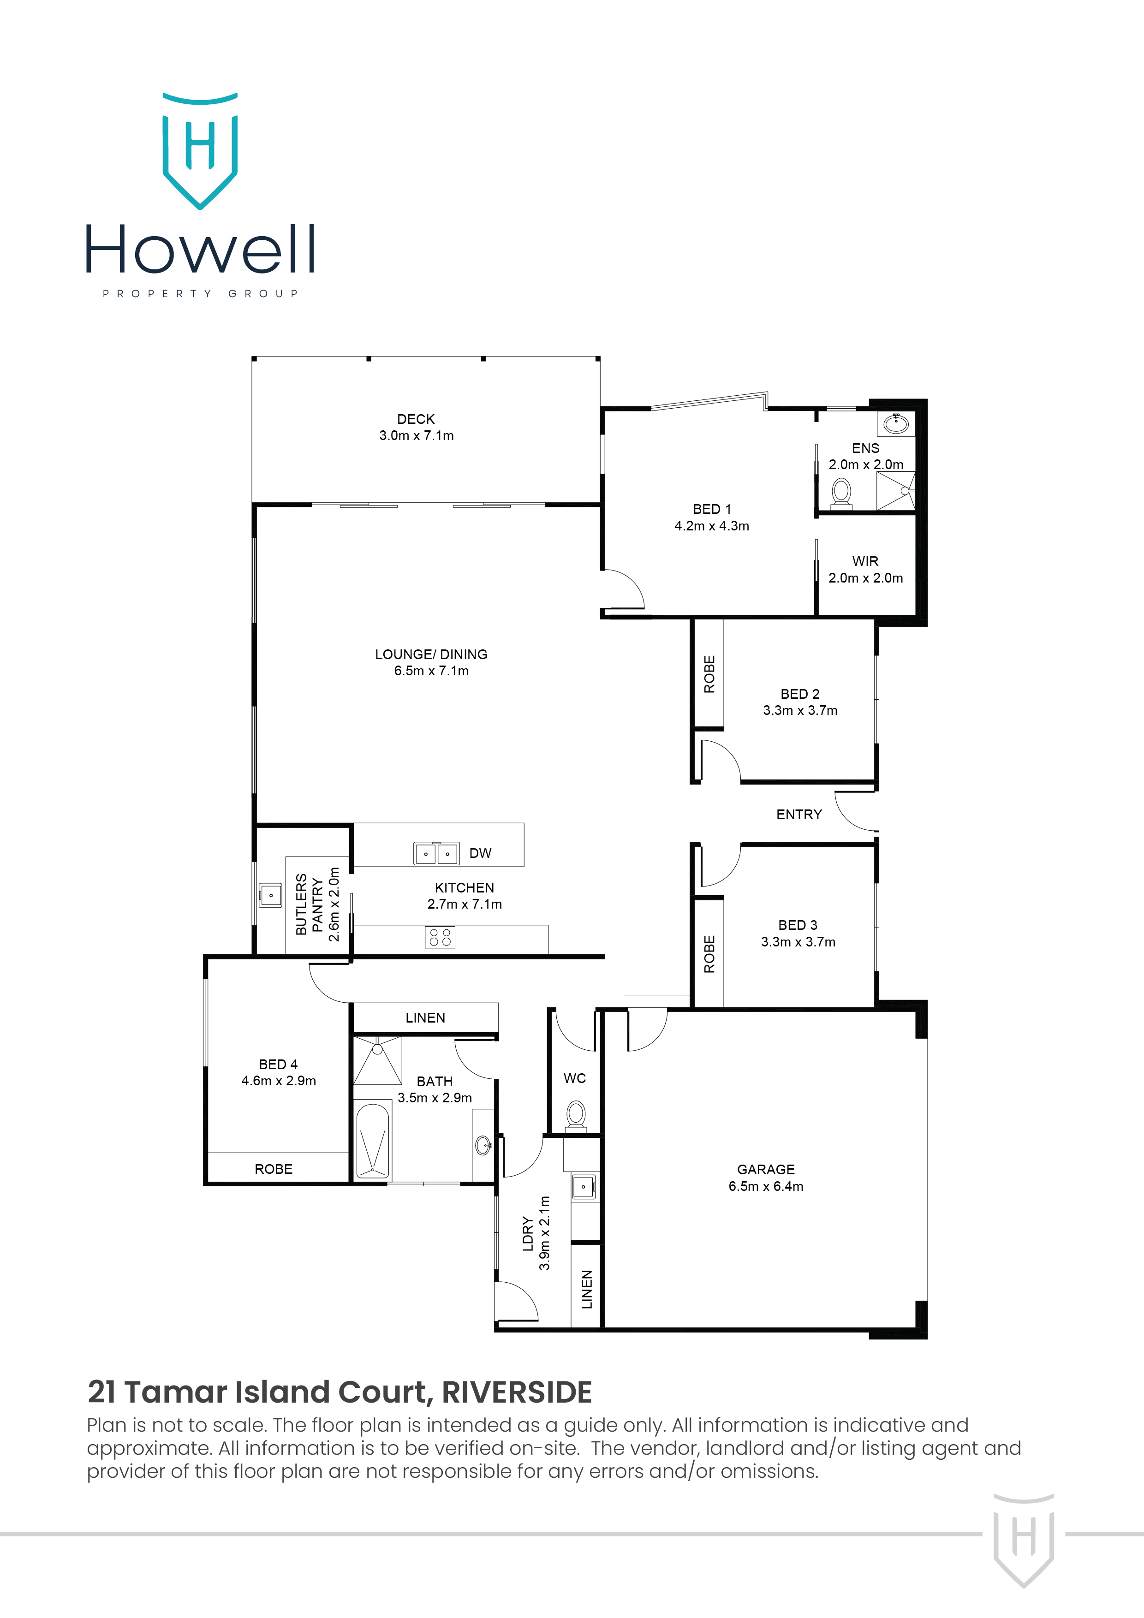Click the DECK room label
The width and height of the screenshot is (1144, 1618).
coord(416,419)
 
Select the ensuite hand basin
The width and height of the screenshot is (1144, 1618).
coord(896,423)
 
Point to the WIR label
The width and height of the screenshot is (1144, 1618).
coord(865,561)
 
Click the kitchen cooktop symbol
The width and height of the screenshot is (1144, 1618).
coord(440,937)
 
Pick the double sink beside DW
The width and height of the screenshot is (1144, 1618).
coord(436,853)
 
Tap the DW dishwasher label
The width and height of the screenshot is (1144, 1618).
coord(480,853)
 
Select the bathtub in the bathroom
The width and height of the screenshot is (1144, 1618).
coord(373,1140)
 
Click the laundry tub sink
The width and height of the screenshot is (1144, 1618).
coord(583,1187)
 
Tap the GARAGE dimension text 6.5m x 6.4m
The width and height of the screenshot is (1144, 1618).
coord(765,1186)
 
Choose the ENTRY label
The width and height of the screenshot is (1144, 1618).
coord(798,815)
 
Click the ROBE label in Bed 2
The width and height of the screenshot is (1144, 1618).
coord(709,674)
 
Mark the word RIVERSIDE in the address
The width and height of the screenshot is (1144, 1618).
coord(516,1392)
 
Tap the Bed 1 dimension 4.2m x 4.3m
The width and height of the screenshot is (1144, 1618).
coord(711,526)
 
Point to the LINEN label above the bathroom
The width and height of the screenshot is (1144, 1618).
coord(425,1017)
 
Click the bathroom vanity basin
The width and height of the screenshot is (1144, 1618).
coord(483,1145)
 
